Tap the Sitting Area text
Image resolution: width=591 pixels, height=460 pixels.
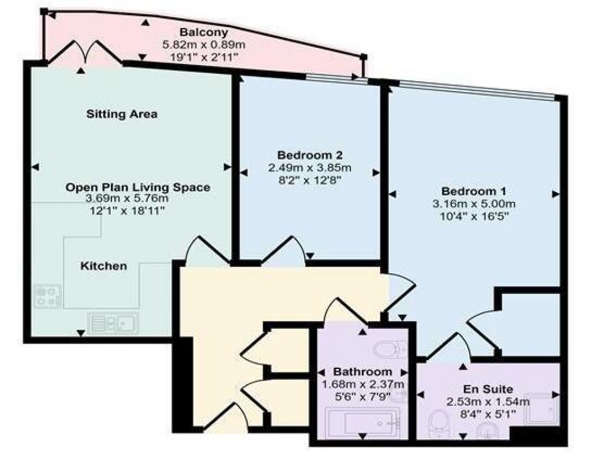click(x=122, y=114)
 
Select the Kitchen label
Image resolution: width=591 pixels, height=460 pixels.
click(x=103, y=266)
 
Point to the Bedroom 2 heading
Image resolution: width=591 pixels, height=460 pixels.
click(x=310, y=155)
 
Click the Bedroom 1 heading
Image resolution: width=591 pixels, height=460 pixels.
click(x=469, y=191)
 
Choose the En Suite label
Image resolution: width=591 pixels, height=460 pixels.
click(x=488, y=389)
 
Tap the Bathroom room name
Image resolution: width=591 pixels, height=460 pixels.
click(x=362, y=372)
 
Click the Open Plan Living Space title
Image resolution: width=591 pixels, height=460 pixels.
click(x=137, y=187)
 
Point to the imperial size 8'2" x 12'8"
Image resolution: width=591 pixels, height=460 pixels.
click(x=310, y=181)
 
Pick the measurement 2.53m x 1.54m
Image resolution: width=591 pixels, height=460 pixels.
click(x=488, y=402)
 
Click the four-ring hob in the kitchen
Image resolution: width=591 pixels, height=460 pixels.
click(x=48, y=297)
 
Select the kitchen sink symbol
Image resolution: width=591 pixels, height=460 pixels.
click(x=113, y=323)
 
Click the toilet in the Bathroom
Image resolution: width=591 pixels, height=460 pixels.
click(x=390, y=349)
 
